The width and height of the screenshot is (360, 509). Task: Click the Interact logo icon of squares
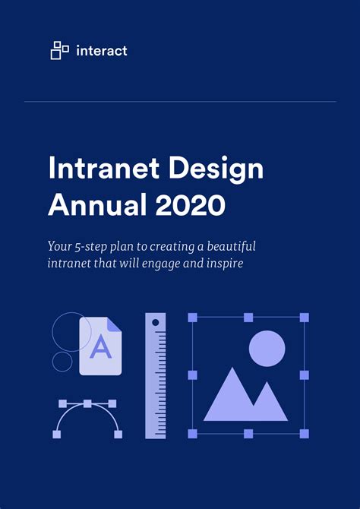coord(60,51)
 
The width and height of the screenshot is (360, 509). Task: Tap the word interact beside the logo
coord(102,51)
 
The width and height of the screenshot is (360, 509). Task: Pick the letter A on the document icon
coord(100,347)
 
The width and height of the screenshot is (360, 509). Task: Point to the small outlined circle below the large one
coord(62,361)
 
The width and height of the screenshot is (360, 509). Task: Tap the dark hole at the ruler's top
coord(156,323)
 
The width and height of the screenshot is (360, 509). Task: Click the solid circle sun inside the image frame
coord(267,349)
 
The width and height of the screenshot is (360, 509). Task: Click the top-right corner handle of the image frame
coord(305,317)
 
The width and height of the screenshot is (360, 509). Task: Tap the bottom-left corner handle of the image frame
coord(192,433)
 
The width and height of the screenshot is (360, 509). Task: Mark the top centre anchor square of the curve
coord(87,403)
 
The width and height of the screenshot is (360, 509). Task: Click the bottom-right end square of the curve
coord(118,434)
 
